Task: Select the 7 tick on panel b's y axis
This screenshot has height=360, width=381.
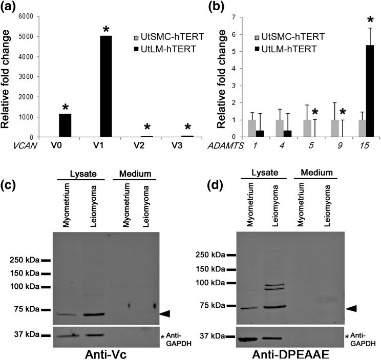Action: click(x=238, y=17)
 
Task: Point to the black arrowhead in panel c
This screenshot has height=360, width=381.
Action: click(x=166, y=313)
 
